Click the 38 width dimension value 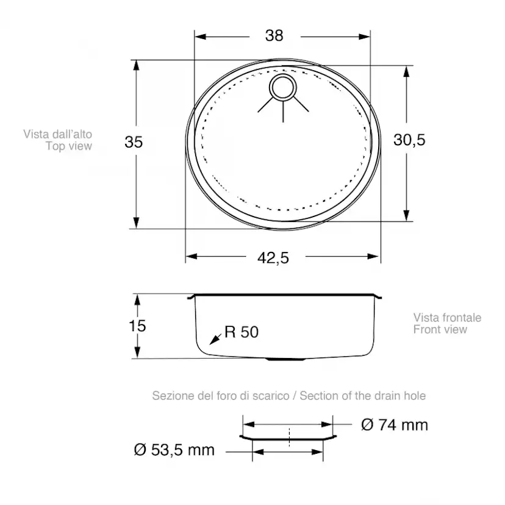click(x=274, y=35)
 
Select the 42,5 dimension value click(x=273, y=258)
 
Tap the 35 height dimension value click(x=134, y=142)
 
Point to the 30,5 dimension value click(x=409, y=140)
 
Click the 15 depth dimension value click(x=137, y=326)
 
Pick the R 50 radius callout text click(x=242, y=332)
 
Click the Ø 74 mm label click(x=395, y=425)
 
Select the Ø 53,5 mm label click(x=174, y=450)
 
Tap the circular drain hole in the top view click(x=282, y=88)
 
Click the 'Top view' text click(x=68, y=146)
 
